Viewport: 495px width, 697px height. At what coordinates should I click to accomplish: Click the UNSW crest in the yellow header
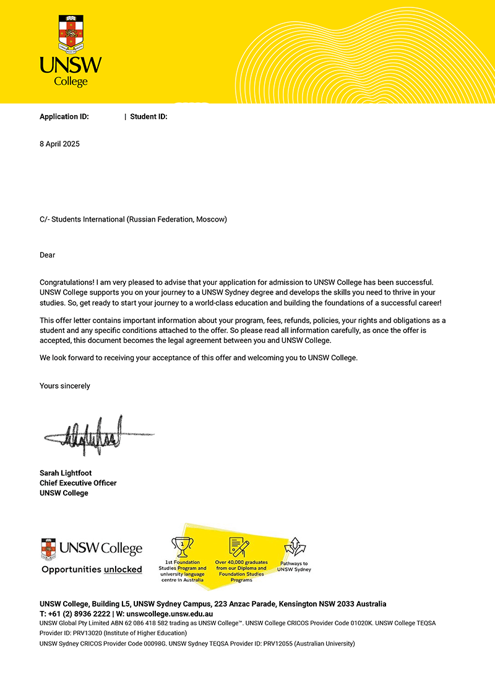pos(70,34)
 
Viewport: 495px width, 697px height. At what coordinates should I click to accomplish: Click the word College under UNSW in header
pos(71,82)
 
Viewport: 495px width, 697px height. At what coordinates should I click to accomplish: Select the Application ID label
pos(64,116)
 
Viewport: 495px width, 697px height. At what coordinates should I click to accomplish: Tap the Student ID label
pos(148,116)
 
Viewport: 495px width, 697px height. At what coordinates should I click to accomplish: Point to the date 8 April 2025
pos(59,144)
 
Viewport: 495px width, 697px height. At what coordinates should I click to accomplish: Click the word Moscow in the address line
pos(210,219)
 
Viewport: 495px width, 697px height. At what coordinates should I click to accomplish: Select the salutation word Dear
pos(48,255)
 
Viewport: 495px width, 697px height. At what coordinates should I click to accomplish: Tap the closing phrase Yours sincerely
pos(65,386)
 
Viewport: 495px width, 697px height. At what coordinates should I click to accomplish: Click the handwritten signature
pos(93,433)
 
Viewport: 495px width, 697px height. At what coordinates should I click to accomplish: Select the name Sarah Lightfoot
pos(66,473)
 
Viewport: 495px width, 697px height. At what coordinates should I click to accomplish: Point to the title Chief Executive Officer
pos(78,483)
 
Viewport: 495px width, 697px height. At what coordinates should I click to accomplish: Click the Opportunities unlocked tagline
pos(92,569)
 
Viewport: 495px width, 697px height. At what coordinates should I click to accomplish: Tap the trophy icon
pos(183,547)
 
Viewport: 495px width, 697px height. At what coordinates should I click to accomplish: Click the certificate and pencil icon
pos(239,547)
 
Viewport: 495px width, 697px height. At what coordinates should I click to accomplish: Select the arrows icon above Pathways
pos(295,547)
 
